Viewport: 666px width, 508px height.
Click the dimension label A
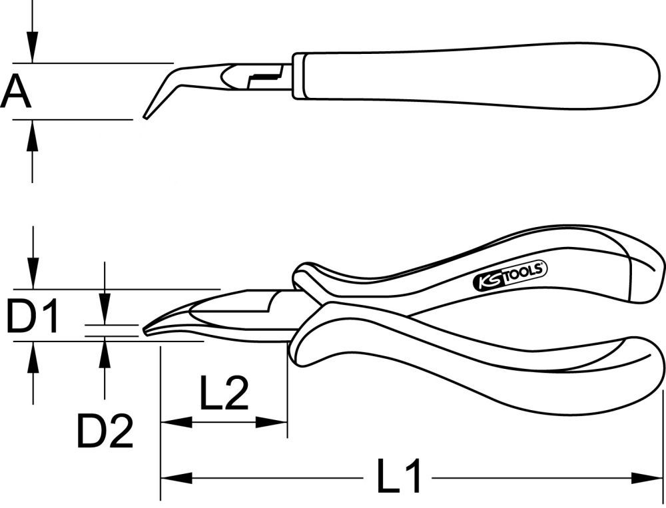pyautogui.click(x=16, y=92)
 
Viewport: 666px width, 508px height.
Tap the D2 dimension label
pyautogui.click(x=105, y=431)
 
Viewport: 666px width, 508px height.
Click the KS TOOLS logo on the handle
pyautogui.click(x=509, y=275)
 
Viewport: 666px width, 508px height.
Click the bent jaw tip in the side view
pyautogui.click(x=148, y=114)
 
